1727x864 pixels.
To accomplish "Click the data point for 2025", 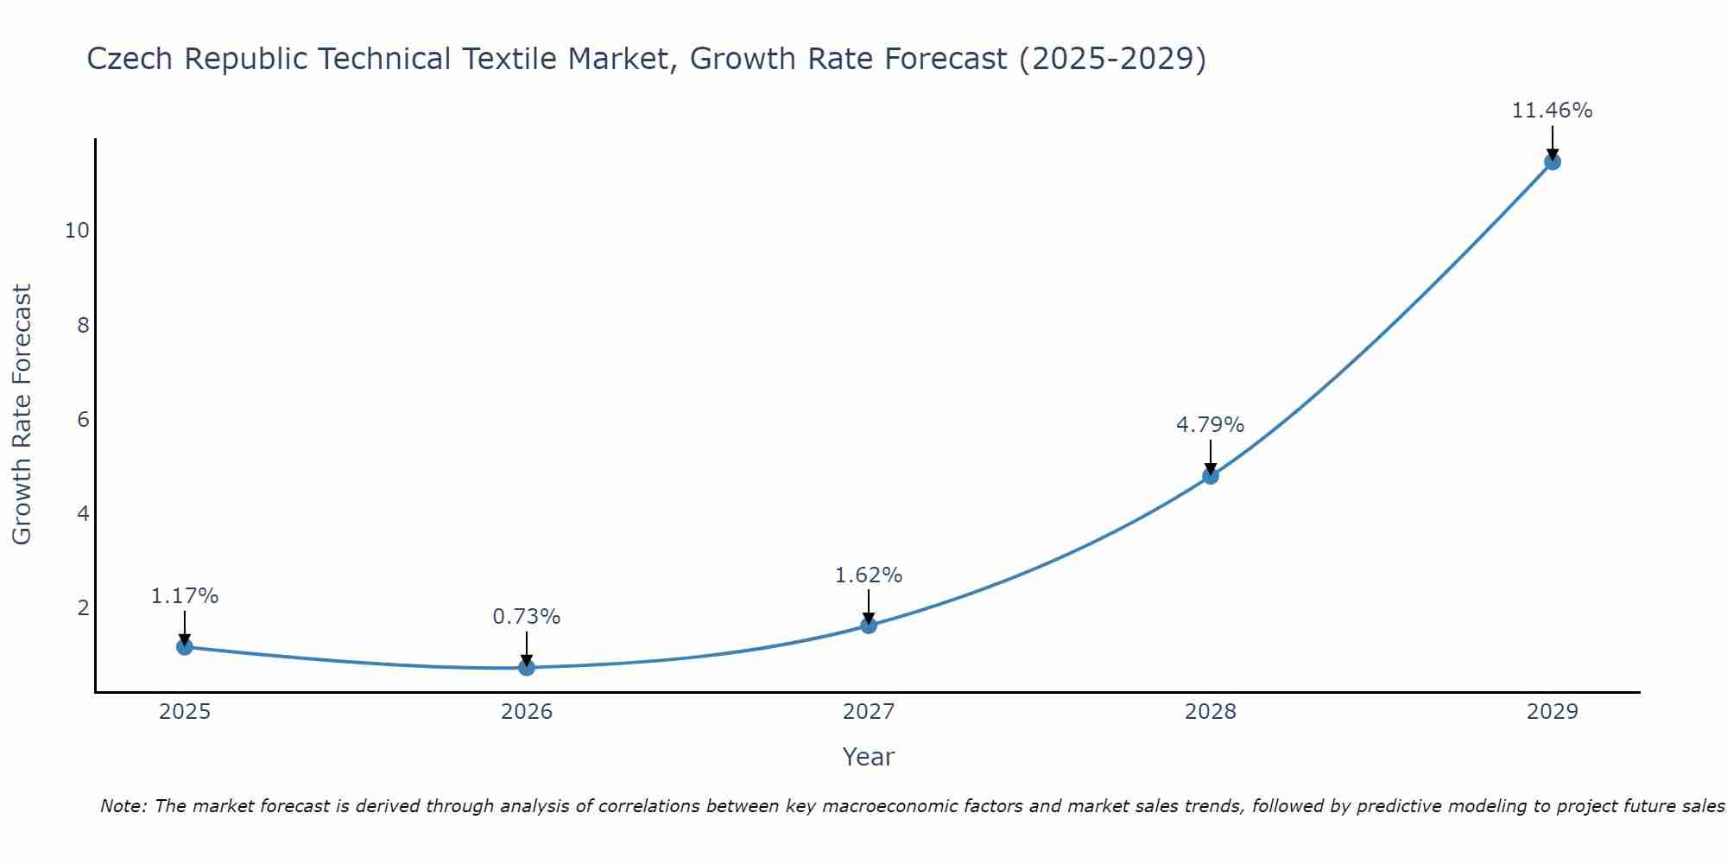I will click(x=185, y=646).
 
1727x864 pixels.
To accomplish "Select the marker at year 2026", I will click(x=527, y=667).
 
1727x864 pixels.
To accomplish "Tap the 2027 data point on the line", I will click(x=869, y=625).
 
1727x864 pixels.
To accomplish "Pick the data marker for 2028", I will click(x=1211, y=475).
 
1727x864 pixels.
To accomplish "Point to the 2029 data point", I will click(x=1553, y=162).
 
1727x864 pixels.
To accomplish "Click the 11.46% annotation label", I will click(x=1552, y=111).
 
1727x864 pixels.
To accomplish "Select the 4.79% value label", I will click(x=1210, y=425).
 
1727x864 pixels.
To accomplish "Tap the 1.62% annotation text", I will click(x=868, y=575).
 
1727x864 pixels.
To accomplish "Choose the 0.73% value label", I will click(x=526, y=617).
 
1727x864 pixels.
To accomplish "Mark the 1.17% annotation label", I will click(x=185, y=596).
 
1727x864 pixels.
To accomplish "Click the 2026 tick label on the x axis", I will click(x=527, y=712).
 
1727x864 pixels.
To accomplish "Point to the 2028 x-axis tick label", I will click(x=1211, y=712).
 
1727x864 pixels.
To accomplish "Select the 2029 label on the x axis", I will click(x=1553, y=712).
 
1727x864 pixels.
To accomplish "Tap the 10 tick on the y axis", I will click(x=77, y=231).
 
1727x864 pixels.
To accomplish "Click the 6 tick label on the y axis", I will click(x=83, y=420).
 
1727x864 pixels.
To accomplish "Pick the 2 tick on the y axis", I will click(x=83, y=608).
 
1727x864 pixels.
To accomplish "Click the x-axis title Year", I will click(x=868, y=757).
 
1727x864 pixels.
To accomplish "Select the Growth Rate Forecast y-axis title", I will click(x=22, y=415).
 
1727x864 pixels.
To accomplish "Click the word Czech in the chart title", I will click(x=130, y=59).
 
